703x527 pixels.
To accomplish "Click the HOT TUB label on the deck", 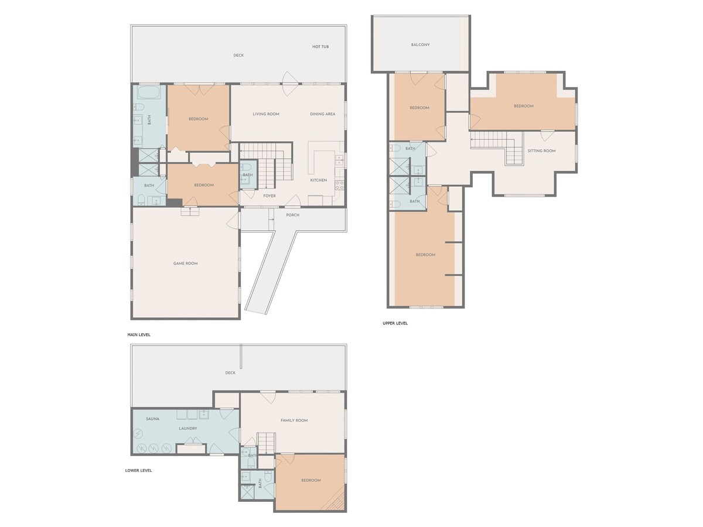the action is [320, 47].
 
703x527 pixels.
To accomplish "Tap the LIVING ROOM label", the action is [266, 114].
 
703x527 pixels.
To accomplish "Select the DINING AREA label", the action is [323, 114].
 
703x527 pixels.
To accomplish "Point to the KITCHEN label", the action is [318, 180].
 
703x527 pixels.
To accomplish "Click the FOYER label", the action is [269, 196].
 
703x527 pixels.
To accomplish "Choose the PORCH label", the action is [293, 215].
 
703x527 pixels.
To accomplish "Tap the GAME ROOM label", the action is [186, 263].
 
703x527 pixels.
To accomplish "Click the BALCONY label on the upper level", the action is [420, 45].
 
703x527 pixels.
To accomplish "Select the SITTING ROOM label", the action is [541, 150].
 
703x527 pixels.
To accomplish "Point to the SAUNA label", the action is [152, 419].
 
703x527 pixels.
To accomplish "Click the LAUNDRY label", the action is [187, 429].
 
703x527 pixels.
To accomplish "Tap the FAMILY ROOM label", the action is [294, 420].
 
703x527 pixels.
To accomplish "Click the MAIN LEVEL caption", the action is [139, 335].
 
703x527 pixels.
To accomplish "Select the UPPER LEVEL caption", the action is [395, 323].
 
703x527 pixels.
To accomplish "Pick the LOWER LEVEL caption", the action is [138, 471].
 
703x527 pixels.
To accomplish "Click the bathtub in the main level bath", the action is [149, 93].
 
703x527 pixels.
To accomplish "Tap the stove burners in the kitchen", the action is [339, 185].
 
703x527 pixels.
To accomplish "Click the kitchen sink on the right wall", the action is [339, 160].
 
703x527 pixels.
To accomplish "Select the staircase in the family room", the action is [267, 443].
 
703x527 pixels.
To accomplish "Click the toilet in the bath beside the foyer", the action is [246, 167].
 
